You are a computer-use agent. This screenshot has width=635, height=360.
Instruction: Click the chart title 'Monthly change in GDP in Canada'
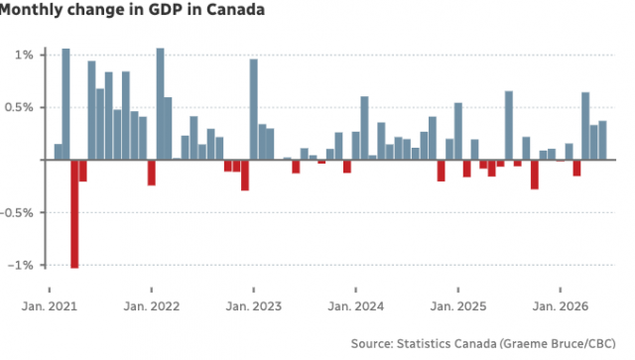(132, 9)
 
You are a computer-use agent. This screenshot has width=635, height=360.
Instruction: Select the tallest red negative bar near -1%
(74, 214)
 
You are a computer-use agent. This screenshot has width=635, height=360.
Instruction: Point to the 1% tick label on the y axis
(24, 55)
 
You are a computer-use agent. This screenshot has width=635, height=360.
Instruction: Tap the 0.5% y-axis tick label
(19, 107)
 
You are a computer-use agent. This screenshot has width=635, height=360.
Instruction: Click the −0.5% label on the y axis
(17, 212)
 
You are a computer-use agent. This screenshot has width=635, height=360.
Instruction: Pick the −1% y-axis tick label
(20, 265)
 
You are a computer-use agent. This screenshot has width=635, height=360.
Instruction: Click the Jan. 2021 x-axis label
(50, 306)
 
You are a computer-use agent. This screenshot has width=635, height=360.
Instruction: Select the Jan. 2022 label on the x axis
(152, 306)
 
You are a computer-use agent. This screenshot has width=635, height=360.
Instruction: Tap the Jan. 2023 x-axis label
(254, 306)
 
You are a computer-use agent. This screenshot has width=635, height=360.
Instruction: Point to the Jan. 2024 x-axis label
(355, 306)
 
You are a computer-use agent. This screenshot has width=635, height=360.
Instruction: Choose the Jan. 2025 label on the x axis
(458, 306)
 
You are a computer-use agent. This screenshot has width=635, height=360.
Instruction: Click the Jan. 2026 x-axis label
(560, 306)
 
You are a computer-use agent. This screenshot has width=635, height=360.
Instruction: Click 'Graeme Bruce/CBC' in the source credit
(558, 344)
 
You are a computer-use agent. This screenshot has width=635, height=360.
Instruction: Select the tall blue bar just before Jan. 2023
(254, 109)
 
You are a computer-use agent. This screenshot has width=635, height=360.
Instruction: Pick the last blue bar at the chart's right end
(602, 140)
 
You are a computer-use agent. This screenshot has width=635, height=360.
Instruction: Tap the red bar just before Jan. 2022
(152, 173)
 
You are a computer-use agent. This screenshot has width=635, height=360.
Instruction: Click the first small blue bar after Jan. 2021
(58, 152)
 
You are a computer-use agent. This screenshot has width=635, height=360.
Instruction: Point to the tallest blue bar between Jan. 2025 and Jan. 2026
(509, 126)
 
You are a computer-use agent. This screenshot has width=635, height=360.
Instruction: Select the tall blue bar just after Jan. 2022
(161, 104)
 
